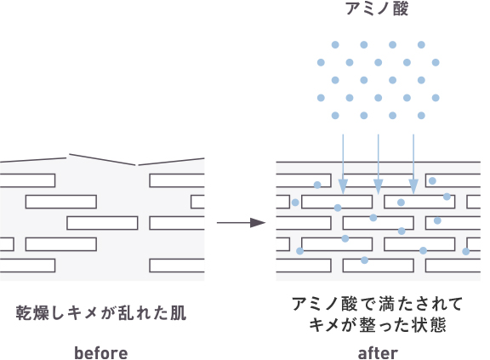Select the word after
tap(377, 352)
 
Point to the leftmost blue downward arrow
tap(342, 162)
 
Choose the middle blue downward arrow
tap(378, 162)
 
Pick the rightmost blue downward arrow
tap(413, 162)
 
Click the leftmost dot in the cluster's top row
tap(335, 44)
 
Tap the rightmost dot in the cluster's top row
tap(421, 44)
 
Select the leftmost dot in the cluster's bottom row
tap(335, 115)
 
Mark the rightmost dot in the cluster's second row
tap(436, 62)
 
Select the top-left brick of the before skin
tap(28, 180)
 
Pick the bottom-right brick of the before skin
tap(177, 265)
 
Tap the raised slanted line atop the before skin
tap(101, 159)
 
